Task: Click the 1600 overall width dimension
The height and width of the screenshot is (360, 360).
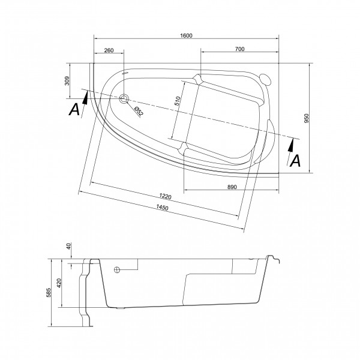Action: tap(186, 35)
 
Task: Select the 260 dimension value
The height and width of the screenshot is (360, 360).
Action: tap(109, 50)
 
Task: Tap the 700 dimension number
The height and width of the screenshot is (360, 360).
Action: tap(239, 49)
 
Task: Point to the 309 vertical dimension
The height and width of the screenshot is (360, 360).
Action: tap(67, 80)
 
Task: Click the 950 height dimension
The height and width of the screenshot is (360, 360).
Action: tap(307, 118)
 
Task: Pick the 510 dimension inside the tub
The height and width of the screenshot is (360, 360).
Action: tap(178, 101)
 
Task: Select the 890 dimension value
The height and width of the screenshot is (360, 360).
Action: tap(232, 187)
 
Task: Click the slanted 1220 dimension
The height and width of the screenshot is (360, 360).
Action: tap(166, 197)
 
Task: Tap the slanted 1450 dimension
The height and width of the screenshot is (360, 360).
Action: tap(163, 208)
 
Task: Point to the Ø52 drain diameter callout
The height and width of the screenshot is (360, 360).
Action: tap(139, 111)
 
